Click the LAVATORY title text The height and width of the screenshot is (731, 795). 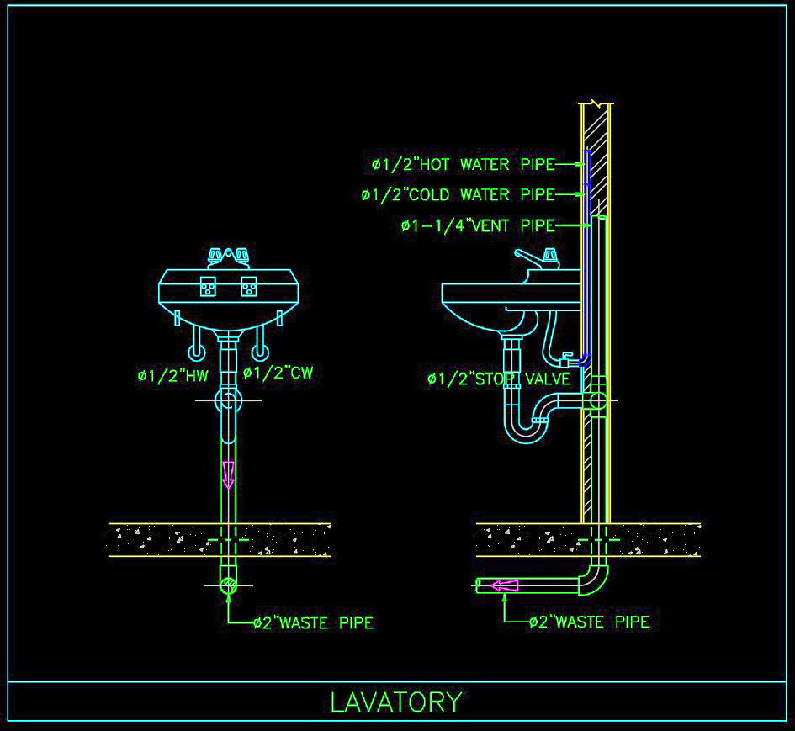point(396,702)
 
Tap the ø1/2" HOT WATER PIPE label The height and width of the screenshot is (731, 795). point(464,164)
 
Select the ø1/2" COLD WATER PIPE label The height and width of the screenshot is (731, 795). point(458,195)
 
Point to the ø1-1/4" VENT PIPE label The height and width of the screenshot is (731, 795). point(477,225)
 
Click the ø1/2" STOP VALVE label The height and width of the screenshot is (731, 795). point(498,379)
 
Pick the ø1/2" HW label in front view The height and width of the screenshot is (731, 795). point(172,376)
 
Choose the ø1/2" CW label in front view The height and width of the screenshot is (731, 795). point(278,373)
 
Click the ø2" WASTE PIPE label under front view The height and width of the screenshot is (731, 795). point(313,623)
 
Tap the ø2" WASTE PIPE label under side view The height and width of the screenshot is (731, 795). point(589,622)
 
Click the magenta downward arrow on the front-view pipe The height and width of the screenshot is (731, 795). point(227,474)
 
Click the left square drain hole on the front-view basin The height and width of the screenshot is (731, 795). point(208,287)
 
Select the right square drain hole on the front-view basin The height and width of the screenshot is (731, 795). point(247,287)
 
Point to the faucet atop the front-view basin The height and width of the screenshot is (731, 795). point(228,257)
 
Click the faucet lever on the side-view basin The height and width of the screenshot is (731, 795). point(533,256)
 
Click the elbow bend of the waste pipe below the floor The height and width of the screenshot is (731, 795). point(593,578)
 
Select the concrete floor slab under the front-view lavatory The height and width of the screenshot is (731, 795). point(219,539)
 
